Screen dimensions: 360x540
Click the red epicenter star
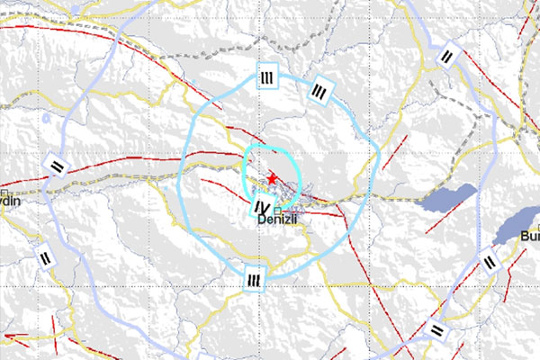coord(272,179)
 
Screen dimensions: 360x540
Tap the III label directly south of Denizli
coord(255,281)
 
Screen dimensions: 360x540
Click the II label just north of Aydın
coord(57,166)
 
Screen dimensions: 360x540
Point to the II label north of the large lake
coord(448,56)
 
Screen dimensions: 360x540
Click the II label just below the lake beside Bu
coord(490,262)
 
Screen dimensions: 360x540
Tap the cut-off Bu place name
coord(529,236)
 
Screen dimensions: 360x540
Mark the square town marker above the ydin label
coord(4,192)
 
